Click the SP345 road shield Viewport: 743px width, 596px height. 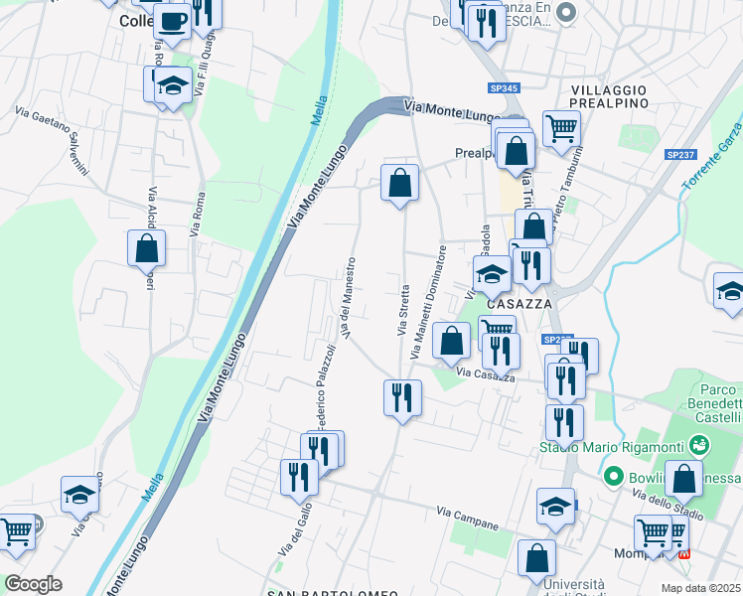[x=505, y=88]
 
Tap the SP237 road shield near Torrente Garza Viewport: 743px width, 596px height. [x=680, y=154]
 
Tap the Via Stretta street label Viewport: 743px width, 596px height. [x=404, y=310]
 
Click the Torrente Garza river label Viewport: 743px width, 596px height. [x=712, y=157]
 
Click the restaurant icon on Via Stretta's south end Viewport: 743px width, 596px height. [x=402, y=396]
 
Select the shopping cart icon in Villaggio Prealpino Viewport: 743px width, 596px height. [x=561, y=126]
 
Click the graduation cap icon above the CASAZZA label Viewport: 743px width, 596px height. [x=492, y=273]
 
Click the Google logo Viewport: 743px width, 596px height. [x=34, y=584]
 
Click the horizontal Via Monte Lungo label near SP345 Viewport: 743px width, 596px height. [x=453, y=110]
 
